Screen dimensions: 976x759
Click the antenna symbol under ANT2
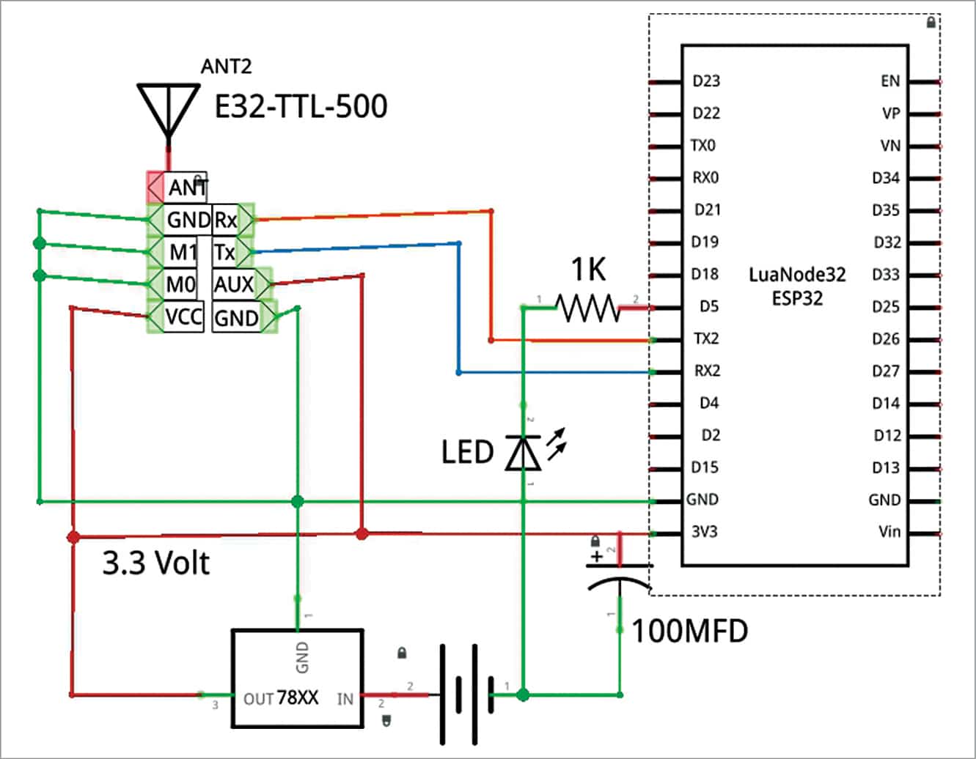click(x=169, y=113)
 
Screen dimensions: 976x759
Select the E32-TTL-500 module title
click(x=301, y=107)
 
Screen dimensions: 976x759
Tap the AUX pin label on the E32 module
click(x=234, y=284)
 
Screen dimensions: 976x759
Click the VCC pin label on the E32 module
click(x=184, y=316)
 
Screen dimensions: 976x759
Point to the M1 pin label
click(x=183, y=252)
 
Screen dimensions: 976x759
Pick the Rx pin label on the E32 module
click(x=225, y=220)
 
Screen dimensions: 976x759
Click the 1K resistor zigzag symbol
click(x=588, y=308)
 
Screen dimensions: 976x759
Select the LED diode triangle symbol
click(x=523, y=453)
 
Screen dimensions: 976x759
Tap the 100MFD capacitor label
click(x=690, y=631)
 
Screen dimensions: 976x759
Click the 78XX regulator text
click(x=297, y=697)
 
